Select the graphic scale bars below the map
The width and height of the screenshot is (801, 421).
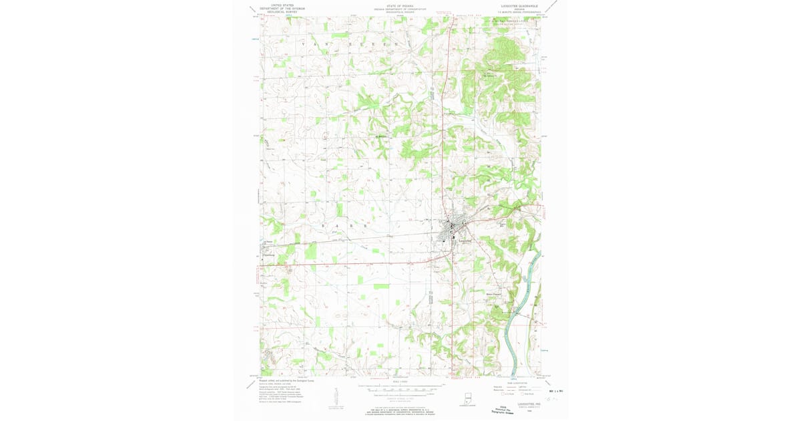(x=400, y=389)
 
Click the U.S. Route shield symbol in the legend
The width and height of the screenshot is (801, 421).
(x=503, y=394)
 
